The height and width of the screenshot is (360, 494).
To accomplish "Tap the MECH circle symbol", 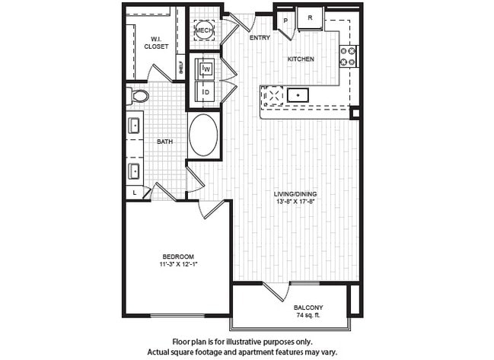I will [204, 30].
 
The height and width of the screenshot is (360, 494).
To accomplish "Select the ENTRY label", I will [260, 37].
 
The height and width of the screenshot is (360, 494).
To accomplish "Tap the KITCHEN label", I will [301, 59].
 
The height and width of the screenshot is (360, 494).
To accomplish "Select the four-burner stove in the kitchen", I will [348, 56].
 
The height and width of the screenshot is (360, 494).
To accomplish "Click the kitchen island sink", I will [298, 95].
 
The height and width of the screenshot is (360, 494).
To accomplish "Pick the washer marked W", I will [206, 69].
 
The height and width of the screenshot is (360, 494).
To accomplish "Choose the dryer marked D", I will [206, 93].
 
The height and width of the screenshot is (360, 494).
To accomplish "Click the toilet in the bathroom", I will [138, 97].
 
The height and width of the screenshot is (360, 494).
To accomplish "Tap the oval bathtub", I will [202, 135].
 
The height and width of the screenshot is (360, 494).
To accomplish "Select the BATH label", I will [164, 142].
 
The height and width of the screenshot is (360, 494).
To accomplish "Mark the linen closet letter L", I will [135, 193].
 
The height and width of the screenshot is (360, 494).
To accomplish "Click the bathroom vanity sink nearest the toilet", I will [135, 125].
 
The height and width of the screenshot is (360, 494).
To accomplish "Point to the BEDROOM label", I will [177, 256].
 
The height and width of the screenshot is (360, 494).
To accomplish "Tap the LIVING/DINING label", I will [295, 194].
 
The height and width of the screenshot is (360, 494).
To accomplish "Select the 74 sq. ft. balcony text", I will [308, 315].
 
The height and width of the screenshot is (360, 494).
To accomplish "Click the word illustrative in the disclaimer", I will [257, 342].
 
